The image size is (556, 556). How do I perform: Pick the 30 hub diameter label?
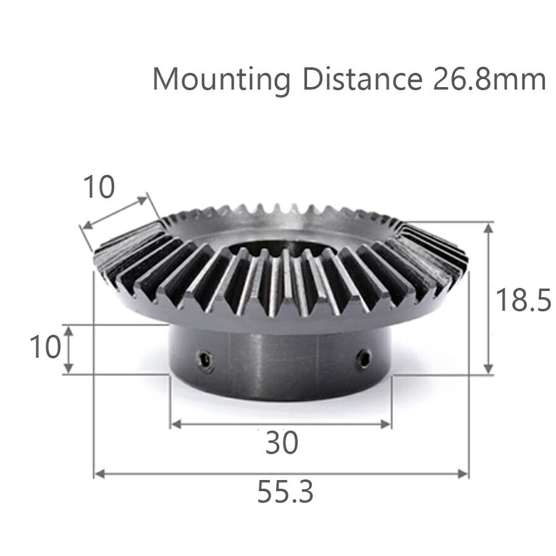tap(281, 442)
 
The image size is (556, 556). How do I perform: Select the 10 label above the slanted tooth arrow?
tap(99, 187)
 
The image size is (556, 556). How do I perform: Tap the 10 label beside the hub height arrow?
tap(45, 347)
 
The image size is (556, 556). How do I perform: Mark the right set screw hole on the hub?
tap(364, 358)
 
